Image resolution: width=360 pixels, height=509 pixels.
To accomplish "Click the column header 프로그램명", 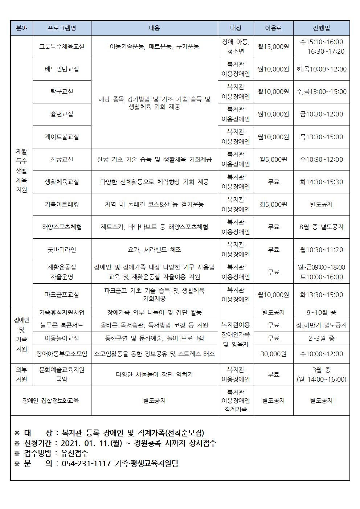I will [62, 28].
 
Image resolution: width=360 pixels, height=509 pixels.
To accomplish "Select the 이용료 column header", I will [273, 28].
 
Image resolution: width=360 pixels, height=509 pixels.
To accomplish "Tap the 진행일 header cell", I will [321, 28].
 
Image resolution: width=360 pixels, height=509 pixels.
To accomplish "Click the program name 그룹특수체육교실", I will [62, 46].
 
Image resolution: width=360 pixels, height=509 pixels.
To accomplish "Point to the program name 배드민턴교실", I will [62, 69].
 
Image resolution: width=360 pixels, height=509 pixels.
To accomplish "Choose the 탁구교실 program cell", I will [62, 92].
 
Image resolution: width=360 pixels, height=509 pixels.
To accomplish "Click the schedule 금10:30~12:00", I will [321, 114].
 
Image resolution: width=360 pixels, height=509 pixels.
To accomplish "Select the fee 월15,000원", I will [273, 46].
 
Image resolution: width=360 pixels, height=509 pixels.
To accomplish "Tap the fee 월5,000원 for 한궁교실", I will [273, 159].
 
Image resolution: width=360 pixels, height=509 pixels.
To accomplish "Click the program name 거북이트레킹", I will [62, 204].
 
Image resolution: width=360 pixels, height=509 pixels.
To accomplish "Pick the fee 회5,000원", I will [273, 204].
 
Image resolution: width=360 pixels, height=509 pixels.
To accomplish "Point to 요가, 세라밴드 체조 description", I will [154, 250].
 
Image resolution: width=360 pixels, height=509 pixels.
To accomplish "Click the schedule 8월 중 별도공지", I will [321, 227].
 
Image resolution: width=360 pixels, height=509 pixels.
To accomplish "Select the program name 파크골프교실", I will [62, 295].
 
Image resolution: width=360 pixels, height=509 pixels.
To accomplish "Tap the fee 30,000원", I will [273, 354].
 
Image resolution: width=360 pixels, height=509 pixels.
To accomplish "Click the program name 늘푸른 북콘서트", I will [62, 325].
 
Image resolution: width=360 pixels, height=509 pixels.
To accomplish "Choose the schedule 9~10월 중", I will [321, 312].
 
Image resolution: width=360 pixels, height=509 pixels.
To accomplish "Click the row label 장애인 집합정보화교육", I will [51, 401].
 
